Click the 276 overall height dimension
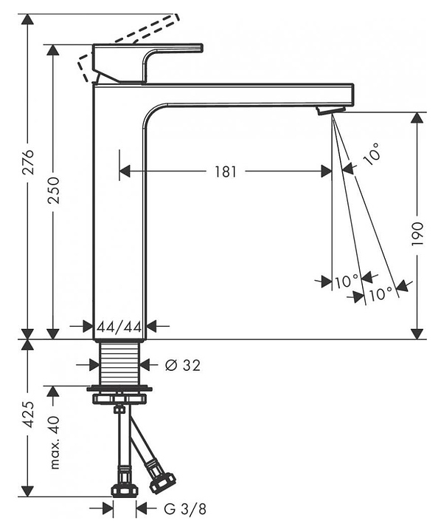point(29,162)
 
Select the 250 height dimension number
point(54,190)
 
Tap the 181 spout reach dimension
point(226,171)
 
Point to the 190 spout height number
point(417,234)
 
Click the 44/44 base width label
point(119,327)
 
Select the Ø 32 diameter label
point(183,365)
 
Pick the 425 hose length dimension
point(29,414)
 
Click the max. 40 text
point(54,442)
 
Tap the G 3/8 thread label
point(185,509)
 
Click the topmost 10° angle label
point(370,154)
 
